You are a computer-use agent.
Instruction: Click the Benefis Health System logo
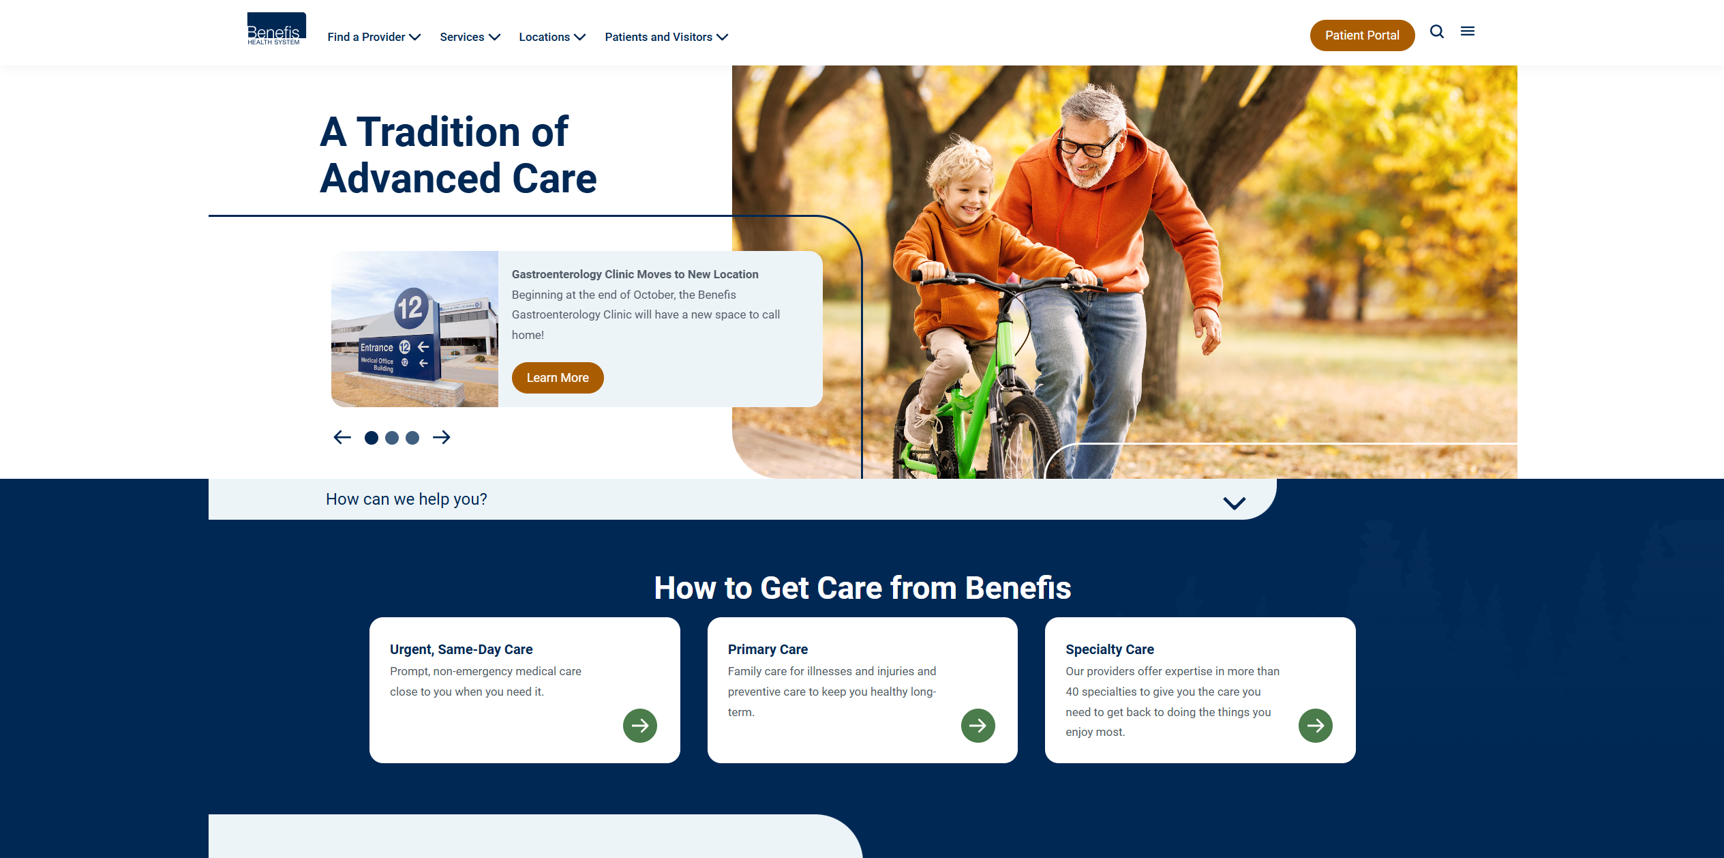pyautogui.click(x=276, y=29)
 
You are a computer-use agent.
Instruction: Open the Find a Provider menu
pyautogui.click(x=374, y=37)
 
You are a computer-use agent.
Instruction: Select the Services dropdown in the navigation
pyautogui.click(x=470, y=37)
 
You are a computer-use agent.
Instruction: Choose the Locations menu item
pyautogui.click(x=552, y=37)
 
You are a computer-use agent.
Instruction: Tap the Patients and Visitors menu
pyautogui.click(x=666, y=37)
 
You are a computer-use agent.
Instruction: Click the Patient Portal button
pyautogui.click(x=1362, y=35)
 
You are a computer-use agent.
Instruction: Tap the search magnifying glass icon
pyautogui.click(x=1437, y=31)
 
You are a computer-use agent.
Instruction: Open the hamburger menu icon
pyautogui.click(x=1468, y=31)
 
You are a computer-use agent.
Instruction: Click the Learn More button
pyautogui.click(x=558, y=378)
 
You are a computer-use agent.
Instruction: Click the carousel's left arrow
pyautogui.click(x=342, y=437)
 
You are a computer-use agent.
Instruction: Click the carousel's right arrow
pyautogui.click(x=442, y=437)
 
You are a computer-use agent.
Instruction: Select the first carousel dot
pyautogui.click(x=372, y=438)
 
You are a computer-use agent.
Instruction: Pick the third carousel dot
pyautogui.click(x=412, y=438)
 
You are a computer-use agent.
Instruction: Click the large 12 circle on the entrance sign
pyautogui.click(x=411, y=308)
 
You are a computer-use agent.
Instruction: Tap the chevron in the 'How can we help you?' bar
pyautogui.click(x=1235, y=503)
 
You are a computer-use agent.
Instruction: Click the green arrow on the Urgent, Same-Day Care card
pyautogui.click(x=640, y=726)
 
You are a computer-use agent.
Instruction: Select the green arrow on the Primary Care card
pyautogui.click(x=978, y=726)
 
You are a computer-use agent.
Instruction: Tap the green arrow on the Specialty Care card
pyautogui.click(x=1316, y=726)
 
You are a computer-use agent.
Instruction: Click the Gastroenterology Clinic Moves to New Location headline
pyautogui.click(x=635, y=274)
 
